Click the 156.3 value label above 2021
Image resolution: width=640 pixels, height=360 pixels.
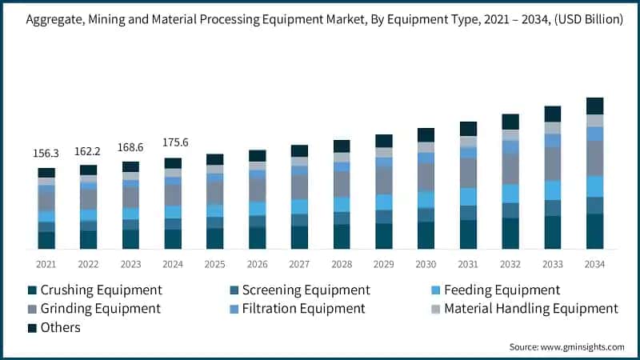point(46,154)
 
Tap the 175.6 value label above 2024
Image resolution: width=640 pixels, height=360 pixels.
point(173,143)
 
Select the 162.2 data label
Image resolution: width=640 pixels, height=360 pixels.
point(88,150)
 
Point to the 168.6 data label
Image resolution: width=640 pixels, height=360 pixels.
point(130,146)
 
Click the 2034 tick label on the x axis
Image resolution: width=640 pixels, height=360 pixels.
point(594,264)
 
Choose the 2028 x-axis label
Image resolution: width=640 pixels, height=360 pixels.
point(342,264)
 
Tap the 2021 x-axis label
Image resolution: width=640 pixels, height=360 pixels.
point(46,264)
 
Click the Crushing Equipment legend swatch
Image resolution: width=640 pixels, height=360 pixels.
point(32,290)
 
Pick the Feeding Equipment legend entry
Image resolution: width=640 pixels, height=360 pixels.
point(502,290)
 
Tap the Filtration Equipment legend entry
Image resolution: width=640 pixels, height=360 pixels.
point(304,308)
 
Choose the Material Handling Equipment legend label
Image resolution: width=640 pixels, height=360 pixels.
point(530,308)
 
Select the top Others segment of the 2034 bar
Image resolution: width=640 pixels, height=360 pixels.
point(594,106)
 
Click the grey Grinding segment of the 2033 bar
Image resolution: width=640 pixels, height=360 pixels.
point(553,163)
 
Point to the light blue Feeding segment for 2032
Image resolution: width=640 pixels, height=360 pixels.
point(510,194)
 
